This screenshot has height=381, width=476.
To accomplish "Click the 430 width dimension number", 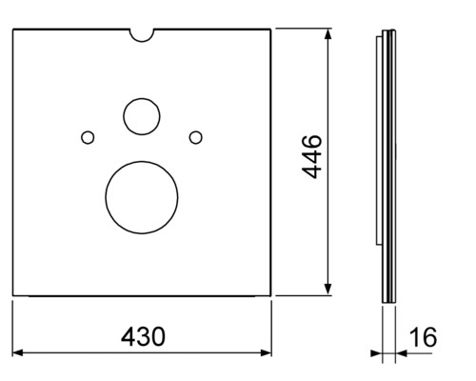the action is click(x=143, y=336).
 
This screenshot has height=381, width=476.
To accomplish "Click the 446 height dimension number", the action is click(x=311, y=157).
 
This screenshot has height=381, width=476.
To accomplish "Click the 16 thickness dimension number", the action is click(x=423, y=337).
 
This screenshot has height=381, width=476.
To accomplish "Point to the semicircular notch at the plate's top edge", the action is click(x=142, y=42).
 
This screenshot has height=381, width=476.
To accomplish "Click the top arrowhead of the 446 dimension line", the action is click(x=328, y=33).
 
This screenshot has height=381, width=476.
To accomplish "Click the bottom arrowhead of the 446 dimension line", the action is click(x=328, y=290).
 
